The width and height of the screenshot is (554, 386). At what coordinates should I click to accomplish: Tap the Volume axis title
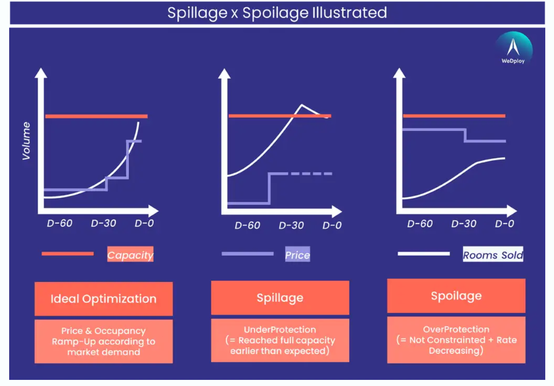pyautogui.click(x=27, y=141)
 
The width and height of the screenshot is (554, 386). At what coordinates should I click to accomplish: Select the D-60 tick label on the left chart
pyautogui.click(x=60, y=223)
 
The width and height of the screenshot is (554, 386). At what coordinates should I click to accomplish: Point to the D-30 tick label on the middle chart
pyautogui.click(x=291, y=225)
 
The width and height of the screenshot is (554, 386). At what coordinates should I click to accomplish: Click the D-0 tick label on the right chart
pyautogui.click(x=505, y=224)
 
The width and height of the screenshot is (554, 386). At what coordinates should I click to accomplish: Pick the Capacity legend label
pyautogui.click(x=130, y=255)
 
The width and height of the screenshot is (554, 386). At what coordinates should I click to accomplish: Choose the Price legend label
pyautogui.click(x=297, y=255)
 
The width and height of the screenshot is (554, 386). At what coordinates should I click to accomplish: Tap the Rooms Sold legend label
pyautogui.click(x=493, y=255)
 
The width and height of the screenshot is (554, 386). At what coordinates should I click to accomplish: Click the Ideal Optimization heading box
pyautogui.click(x=104, y=299)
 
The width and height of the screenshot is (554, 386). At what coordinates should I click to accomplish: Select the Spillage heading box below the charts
pyautogui.click(x=280, y=298)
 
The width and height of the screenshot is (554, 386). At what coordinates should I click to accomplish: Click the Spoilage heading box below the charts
pyautogui.click(x=456, y=296)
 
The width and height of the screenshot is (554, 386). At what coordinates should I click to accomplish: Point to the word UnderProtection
pyautogui.click(x=280, y=330)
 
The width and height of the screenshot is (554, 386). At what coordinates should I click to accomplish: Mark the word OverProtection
pyautogui.click(x=456, y=329)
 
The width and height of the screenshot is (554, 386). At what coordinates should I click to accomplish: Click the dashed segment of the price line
pyautogui.click(x=311, y=174)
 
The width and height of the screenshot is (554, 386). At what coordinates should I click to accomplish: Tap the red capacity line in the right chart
pyautogui.click(x=454, y=116)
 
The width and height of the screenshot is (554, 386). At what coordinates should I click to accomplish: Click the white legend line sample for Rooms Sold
pyautogui.click(x=423, y=254)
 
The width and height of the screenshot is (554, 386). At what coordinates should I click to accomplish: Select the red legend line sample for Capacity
pyautogui.click(x=68, y=254)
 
